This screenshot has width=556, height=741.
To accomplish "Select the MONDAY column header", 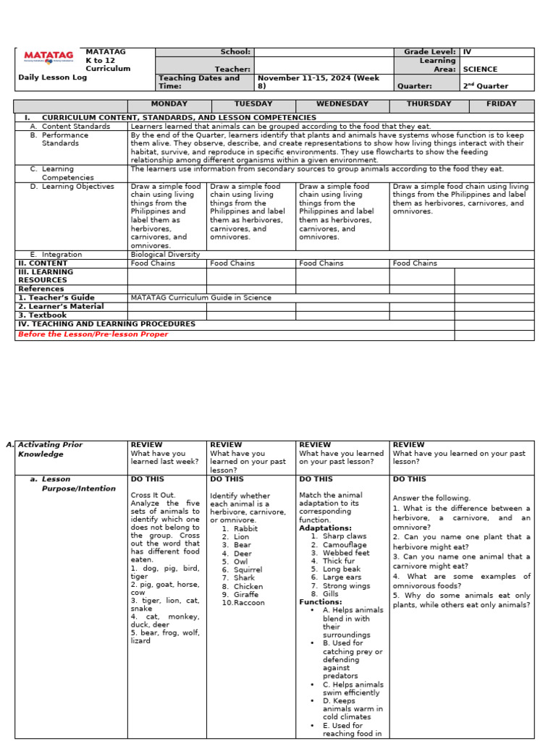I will pyautogui.click(x=169, y=104).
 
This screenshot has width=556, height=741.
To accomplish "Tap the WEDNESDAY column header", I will pyautogui.click(x=342, y=104).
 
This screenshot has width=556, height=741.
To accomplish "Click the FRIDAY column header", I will pyautogui.click(x=501, y=104).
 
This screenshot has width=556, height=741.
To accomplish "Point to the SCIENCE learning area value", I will pyautogui.click(x=480, y=69).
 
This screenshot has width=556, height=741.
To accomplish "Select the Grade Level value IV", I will pyautogui.click(x=467, y=52).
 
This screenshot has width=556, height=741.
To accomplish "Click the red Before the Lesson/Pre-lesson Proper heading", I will pyautogui.click(x=93, y=334).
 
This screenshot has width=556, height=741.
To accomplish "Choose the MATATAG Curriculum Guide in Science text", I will pyautogui.click(x=201, y=297).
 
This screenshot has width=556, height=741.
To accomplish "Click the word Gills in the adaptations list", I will pyautogui.click(x=332, y=594).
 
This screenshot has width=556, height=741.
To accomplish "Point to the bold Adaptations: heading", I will pyautogui.click(x=325, y=528).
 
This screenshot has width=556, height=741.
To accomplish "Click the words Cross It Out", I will pyautogui.click(x=153, y=495).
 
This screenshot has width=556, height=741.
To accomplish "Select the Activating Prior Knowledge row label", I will pyautogui.click(x=51, y=449).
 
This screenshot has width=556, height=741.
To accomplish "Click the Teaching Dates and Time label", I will pyautogui.click(x=198, y=81).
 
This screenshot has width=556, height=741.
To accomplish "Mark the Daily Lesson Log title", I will pyautogui.click(x=52, y=77).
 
